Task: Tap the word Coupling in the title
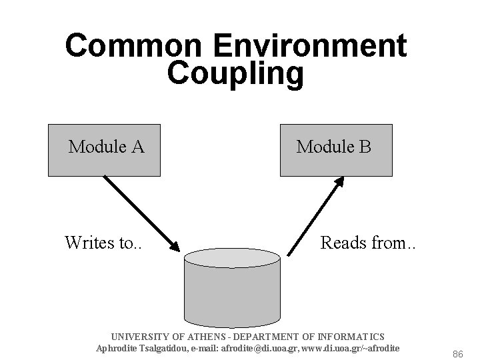pyautogui.click(x=235, y=73)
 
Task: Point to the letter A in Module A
pyautogui.click(x=137, y=146)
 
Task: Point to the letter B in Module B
pyautogui.click(x=365, y=146)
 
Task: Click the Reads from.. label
pyautogui.click(x=367, y=242)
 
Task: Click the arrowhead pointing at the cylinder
pyautogui.click(x=174, y=246)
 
